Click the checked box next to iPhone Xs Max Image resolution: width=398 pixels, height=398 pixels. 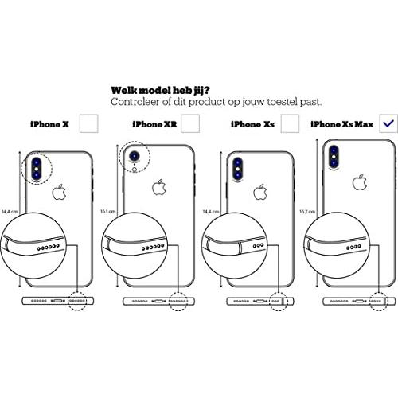388,123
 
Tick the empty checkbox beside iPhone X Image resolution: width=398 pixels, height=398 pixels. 89,123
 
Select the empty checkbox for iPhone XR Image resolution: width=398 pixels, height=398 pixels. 190,123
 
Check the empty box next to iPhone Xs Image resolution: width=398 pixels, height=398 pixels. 290,123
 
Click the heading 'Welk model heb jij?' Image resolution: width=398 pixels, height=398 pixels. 160,91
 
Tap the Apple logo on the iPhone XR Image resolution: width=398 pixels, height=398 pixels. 159,187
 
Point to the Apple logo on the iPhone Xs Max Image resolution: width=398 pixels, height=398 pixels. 360,182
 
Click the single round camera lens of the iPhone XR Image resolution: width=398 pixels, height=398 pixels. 135,157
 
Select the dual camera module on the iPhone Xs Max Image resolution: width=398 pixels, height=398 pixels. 334,157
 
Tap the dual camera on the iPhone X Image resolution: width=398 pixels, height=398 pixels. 37,169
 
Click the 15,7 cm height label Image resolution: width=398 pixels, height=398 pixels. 307,212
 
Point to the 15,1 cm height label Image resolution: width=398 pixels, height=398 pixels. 107,212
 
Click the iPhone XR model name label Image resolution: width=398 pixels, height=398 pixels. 154,124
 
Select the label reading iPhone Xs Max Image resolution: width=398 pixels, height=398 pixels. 341,124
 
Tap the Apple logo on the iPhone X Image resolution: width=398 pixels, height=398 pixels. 59,192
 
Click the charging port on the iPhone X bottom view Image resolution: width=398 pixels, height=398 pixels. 58,301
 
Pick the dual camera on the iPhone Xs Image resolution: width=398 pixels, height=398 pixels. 237,169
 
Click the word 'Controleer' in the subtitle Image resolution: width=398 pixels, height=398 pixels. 135,102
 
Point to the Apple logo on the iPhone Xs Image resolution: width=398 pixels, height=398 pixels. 260,192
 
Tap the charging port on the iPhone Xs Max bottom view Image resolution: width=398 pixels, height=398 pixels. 360,301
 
